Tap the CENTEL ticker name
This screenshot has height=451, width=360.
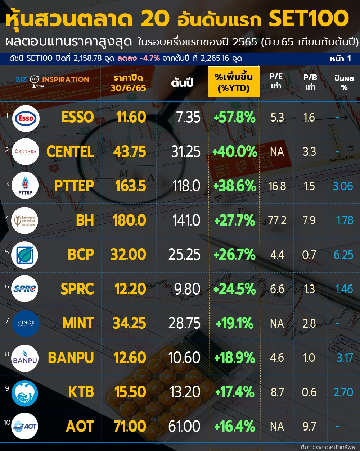coord(70,152)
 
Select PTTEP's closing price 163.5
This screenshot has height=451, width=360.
coord(130,186)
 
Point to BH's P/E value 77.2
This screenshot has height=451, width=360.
coord(277,220)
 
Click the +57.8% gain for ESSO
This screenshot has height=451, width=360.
coord(234,118)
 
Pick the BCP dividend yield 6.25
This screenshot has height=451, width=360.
coord(343,255)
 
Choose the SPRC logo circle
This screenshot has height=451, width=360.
coord(25,288)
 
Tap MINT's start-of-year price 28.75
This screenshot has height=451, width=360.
coord(184,323)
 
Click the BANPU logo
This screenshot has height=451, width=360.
coord(25,358)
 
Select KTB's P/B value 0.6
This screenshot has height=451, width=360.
coord(309,392)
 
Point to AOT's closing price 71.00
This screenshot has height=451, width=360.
coord(130,427)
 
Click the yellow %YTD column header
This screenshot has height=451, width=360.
coord(234,82)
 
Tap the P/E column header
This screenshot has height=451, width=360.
coord(276,81)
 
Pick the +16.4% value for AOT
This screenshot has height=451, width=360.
coord(235,427)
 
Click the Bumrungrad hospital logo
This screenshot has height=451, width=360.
coord(25,220)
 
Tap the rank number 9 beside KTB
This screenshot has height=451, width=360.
coord(7,388)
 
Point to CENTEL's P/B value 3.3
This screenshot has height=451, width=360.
coord(309,152)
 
